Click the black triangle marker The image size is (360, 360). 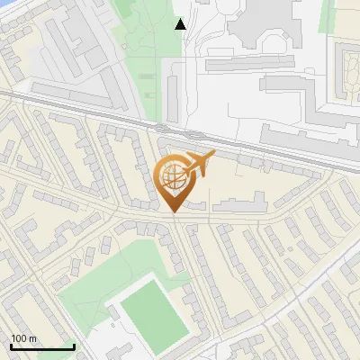point(181,24)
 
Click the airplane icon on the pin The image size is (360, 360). point(199,162)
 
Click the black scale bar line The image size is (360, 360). point(42,346)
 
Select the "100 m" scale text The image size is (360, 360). point(24,338)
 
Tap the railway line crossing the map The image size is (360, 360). point(90,106)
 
